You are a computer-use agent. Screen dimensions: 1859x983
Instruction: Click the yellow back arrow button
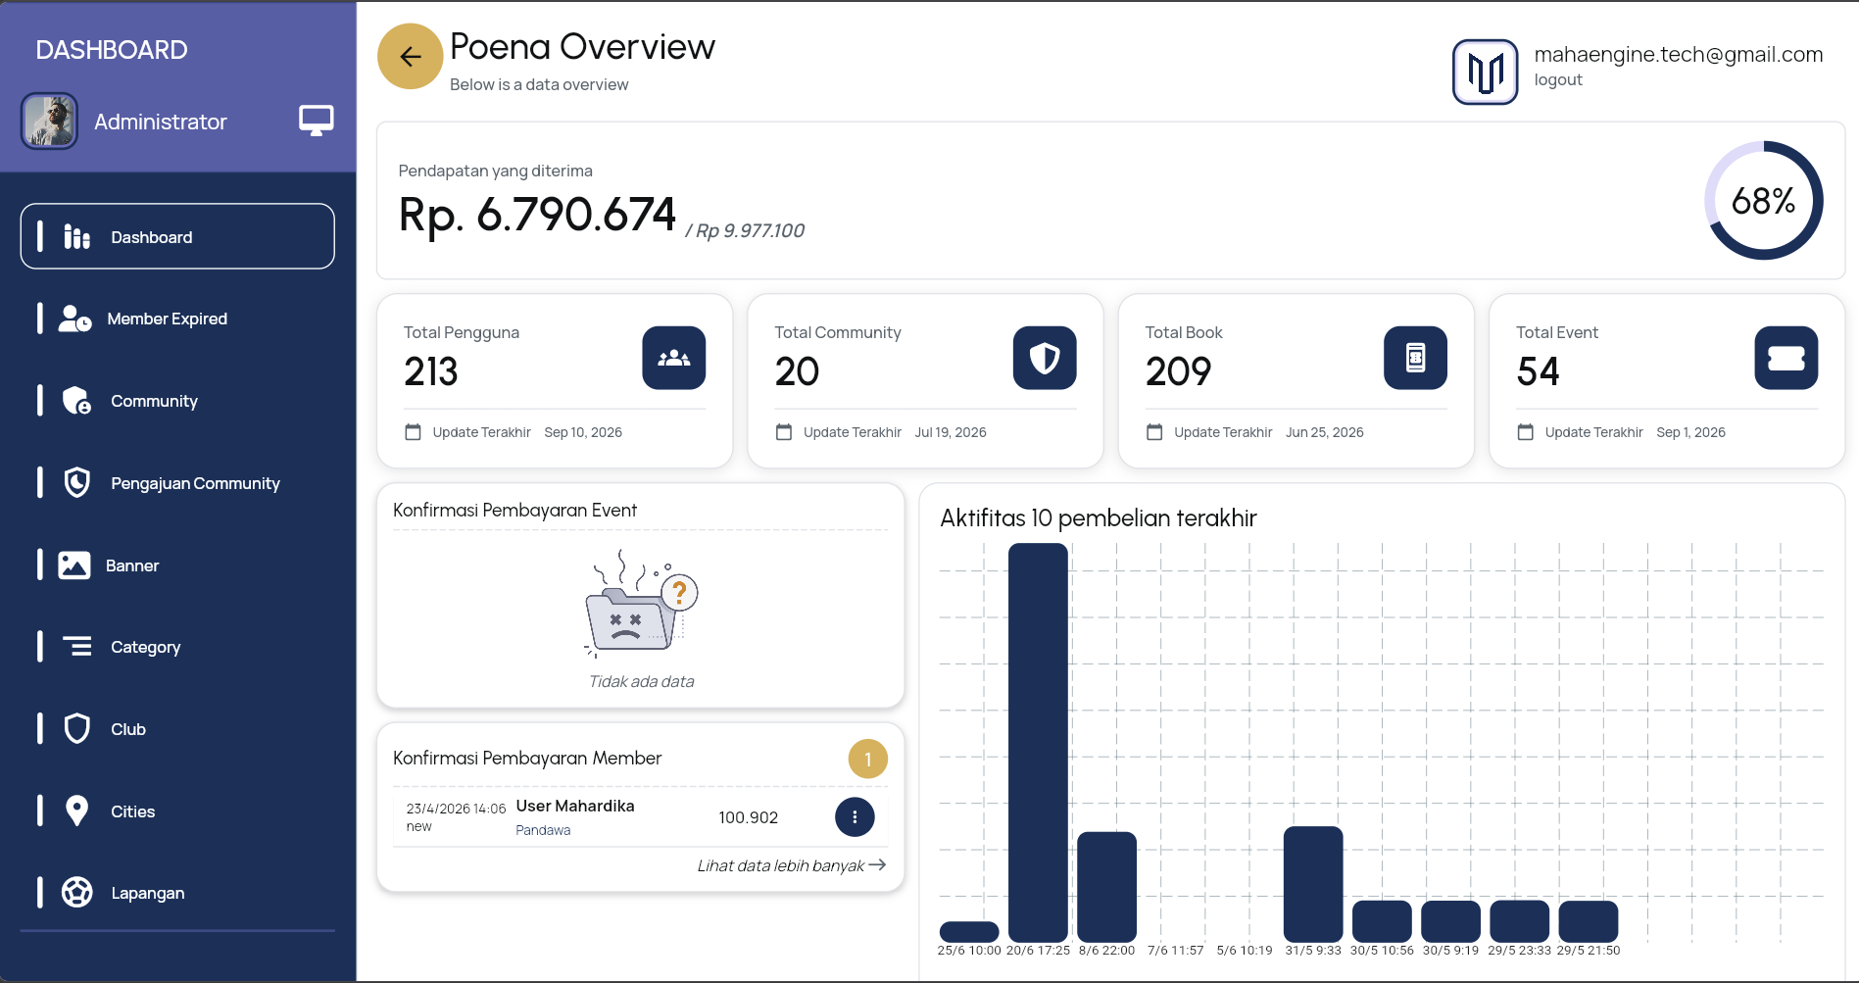pyautogui.click(x=410, y=57)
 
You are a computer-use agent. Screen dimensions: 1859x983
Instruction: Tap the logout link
pyautogui.click(x=1558, y=80)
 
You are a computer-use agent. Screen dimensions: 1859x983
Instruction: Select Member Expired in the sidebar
pyautogui.click(x=167, y=319)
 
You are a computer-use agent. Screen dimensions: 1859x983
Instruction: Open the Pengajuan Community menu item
pyautogui.click(x=195, y=483)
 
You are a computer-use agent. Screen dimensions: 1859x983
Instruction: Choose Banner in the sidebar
pyautogui.click(x=132, y=565)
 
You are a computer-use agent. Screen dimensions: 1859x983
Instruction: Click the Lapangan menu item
pyautogui.click(x=147, y=893)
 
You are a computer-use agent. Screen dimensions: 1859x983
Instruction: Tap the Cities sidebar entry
pyautogui.click(x=132, y=811)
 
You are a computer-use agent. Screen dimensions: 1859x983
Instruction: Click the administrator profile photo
pyautogui.click(x=49, y=122)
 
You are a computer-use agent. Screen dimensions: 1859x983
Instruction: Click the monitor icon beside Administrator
pyautogui.click(x=316, y=121)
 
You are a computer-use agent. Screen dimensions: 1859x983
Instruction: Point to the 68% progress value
pyautogui.click(x=1763, y=201)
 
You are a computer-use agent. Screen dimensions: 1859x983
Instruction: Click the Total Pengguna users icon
pyautogui.click(x=674, y=358)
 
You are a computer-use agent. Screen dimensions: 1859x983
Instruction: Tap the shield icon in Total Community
pyautogui.click(x=1045, y=358)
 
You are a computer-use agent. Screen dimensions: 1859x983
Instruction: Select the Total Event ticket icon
pyautogui.click(x=1786, y=358)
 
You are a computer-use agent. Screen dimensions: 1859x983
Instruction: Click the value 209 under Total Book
pyautogui.click(x=1178, y=371)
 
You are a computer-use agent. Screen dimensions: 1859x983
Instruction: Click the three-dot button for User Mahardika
pyautogui.click(x=855, y=817)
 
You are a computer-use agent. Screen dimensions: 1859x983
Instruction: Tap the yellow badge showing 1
pyautogui.click(x=867, y=759)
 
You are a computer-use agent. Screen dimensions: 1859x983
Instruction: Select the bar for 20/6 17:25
pyautogui.click(x=1038, y=742)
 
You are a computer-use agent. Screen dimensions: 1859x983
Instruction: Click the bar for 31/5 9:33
pyautogui.click(x=1313, y=884)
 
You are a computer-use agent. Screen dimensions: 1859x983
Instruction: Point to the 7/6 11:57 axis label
pyautogui.click(x=1175, y=951)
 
